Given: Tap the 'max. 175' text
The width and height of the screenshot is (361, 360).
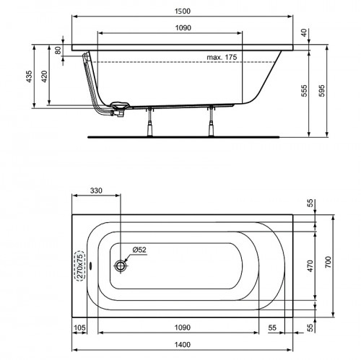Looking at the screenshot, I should [x=222, y=56].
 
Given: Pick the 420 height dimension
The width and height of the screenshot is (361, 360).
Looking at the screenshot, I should [x=45, y=78].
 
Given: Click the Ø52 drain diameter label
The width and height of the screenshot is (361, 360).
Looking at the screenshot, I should [x=139, y=250].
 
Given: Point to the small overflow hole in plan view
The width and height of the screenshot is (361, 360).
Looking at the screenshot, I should [x=89, y=263].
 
